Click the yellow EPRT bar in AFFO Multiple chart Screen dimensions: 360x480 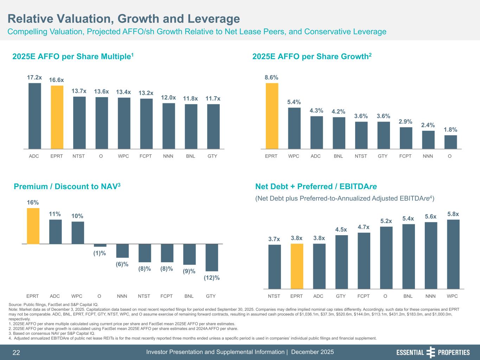coord(57,117)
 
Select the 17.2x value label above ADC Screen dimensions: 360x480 coord(34,77)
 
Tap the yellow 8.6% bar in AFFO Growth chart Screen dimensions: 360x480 coord(272,116)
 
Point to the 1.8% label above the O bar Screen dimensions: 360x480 coord(450,129)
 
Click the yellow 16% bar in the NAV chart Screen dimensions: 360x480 coord(33,226)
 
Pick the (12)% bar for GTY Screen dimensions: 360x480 coord(212,257)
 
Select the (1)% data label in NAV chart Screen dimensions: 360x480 coord(100,253)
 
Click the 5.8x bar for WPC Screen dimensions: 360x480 coord(453,254)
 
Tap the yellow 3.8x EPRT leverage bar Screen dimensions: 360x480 coord(297,266)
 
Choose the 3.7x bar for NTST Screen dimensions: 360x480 coord(274,266)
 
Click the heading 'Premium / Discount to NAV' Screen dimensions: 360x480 coord(67,187)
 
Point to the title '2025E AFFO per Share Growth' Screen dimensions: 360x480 coord(312,57)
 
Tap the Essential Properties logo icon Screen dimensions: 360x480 coord(431,352)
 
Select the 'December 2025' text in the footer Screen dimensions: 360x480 coord(313,352)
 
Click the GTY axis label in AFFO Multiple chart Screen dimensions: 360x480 coord(212,156)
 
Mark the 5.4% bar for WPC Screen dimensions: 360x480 coord(294,128)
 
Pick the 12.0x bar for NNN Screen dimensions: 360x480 coord(168,126)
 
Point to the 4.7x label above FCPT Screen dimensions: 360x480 coord(364,227)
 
